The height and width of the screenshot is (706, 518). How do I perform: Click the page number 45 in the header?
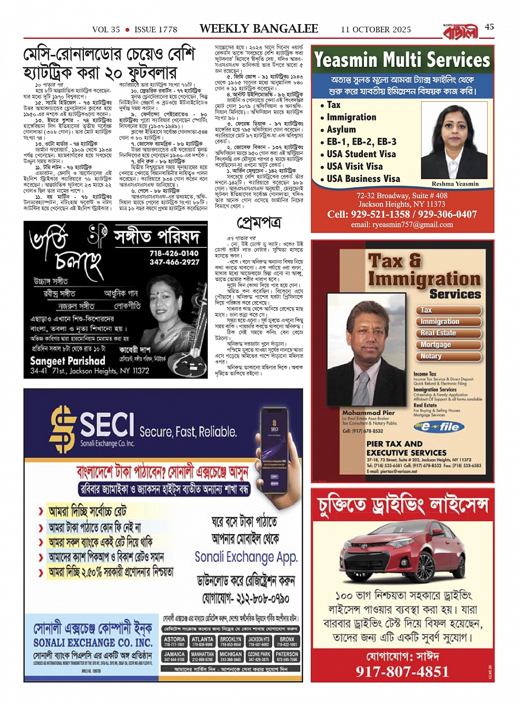click(489, 27)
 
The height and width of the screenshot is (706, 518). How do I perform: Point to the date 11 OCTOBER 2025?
click(375, 30)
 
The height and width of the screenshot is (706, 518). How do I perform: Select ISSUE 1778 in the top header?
click(156, 30)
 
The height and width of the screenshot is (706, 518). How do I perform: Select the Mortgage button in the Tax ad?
click(436, 345)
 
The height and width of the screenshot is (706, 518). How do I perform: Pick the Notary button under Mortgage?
click(431, 356)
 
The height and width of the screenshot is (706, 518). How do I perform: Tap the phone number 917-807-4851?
click(402, 672)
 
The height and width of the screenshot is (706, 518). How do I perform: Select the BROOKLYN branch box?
click(230, 641)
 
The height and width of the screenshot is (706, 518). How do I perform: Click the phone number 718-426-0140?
click(174, 254)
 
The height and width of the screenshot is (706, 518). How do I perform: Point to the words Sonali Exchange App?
click(246, 557)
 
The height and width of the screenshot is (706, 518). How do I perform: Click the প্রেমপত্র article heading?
click(259, 223)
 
